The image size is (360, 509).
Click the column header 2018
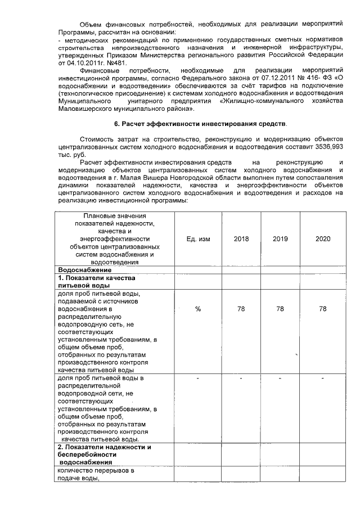(x=241, y=239)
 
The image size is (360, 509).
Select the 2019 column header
(x=280, y=239)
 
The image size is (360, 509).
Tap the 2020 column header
(x=322, y=239)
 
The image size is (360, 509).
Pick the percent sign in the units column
(x=198, y=309)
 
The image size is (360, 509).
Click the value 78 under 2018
(x=241, y=309)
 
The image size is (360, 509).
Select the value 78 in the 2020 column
(x=322, y=309)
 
